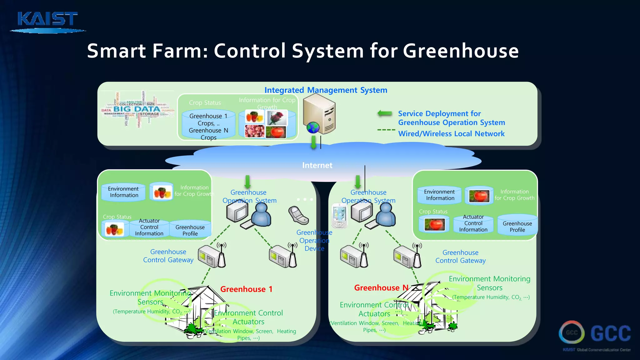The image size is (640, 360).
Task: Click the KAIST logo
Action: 47,21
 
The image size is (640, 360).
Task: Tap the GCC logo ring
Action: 572,332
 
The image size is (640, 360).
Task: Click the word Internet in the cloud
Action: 317,165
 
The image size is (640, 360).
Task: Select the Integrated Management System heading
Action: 326,90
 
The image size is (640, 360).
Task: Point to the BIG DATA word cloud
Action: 137,109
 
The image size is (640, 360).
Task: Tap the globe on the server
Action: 313,127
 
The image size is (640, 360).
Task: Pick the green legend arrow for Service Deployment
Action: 385,113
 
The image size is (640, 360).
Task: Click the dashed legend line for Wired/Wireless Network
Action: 386,130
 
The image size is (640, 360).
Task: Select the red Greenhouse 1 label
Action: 246,289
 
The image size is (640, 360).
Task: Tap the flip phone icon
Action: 298,215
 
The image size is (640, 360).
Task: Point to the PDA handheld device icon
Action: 339,216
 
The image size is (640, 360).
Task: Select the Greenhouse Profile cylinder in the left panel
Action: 190,230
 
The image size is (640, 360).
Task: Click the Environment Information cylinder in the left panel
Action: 123,192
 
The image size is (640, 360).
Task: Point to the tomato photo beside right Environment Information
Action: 479,196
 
